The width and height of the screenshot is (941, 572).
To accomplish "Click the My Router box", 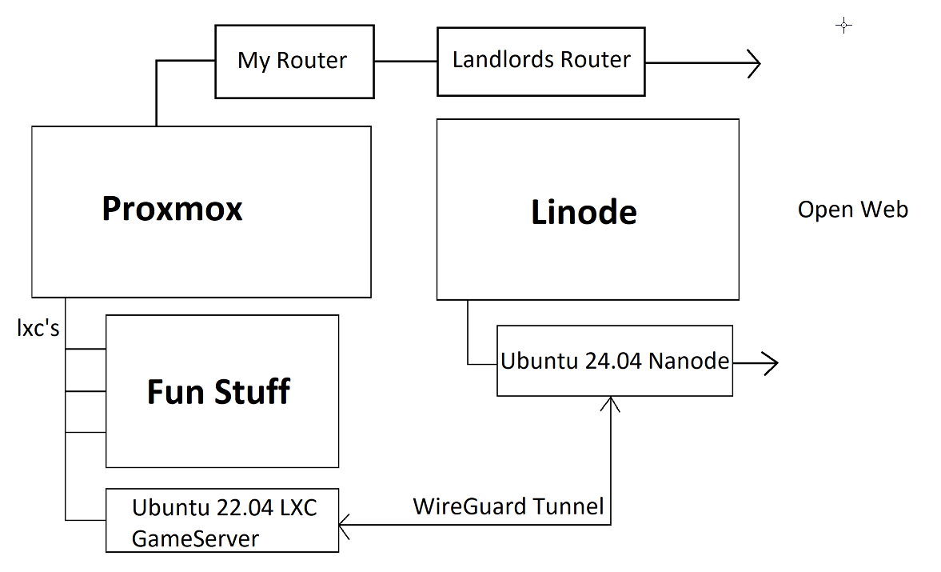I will [294, 62].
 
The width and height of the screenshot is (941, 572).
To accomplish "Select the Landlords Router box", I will [541, 62].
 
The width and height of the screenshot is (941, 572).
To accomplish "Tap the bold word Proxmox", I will [172, 209].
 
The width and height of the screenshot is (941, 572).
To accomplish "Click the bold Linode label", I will [584, 212].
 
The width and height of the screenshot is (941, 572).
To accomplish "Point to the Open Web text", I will [853, 210].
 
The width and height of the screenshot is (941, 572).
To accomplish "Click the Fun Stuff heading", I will [218, 392].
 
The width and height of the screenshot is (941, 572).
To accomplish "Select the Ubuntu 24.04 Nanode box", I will [614, 362].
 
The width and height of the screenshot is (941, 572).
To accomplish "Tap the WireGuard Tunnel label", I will [508, 506].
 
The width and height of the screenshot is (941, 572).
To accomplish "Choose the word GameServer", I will [195, 538].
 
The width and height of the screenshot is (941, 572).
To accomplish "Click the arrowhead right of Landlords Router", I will [753, 62].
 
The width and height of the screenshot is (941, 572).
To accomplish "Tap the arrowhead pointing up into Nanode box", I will [611, 404].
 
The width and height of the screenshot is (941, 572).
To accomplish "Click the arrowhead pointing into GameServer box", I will [345, 526].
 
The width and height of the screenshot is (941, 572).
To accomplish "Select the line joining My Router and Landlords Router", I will [405, 62].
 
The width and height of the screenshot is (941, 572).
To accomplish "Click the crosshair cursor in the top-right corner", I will [843, 26].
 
